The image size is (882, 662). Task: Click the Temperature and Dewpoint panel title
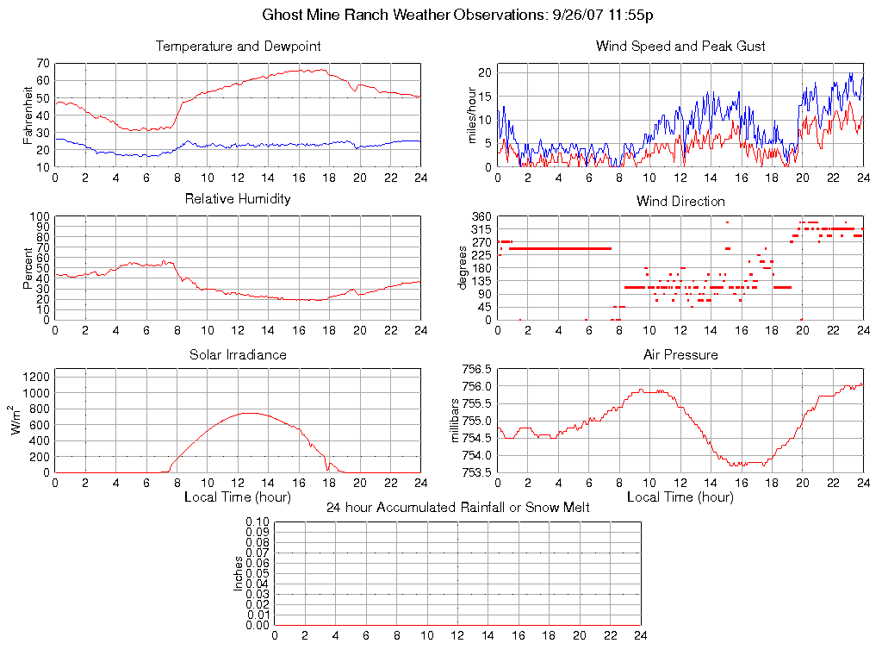coord(238,46)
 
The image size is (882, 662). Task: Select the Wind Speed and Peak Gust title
coord(680,46)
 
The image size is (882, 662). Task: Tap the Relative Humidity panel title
coord(238,199)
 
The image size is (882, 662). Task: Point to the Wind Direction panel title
coord(680,201)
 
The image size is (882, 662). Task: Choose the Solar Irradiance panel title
coord(238,354)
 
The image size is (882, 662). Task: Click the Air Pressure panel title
coord(680,354)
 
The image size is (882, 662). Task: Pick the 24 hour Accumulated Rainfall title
coord(457,508)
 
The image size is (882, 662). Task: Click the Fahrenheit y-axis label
coord(28,115)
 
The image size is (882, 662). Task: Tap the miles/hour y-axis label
coord(471,115)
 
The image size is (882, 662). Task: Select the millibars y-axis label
coord(458,421)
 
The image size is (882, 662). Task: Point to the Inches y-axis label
coord(239,573)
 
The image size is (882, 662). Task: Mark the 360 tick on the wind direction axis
coord(481,216)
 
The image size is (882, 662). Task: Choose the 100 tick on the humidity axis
coord(40,216)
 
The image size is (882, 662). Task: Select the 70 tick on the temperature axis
coord(43,63)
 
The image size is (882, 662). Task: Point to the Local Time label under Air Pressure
coord(680,497)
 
